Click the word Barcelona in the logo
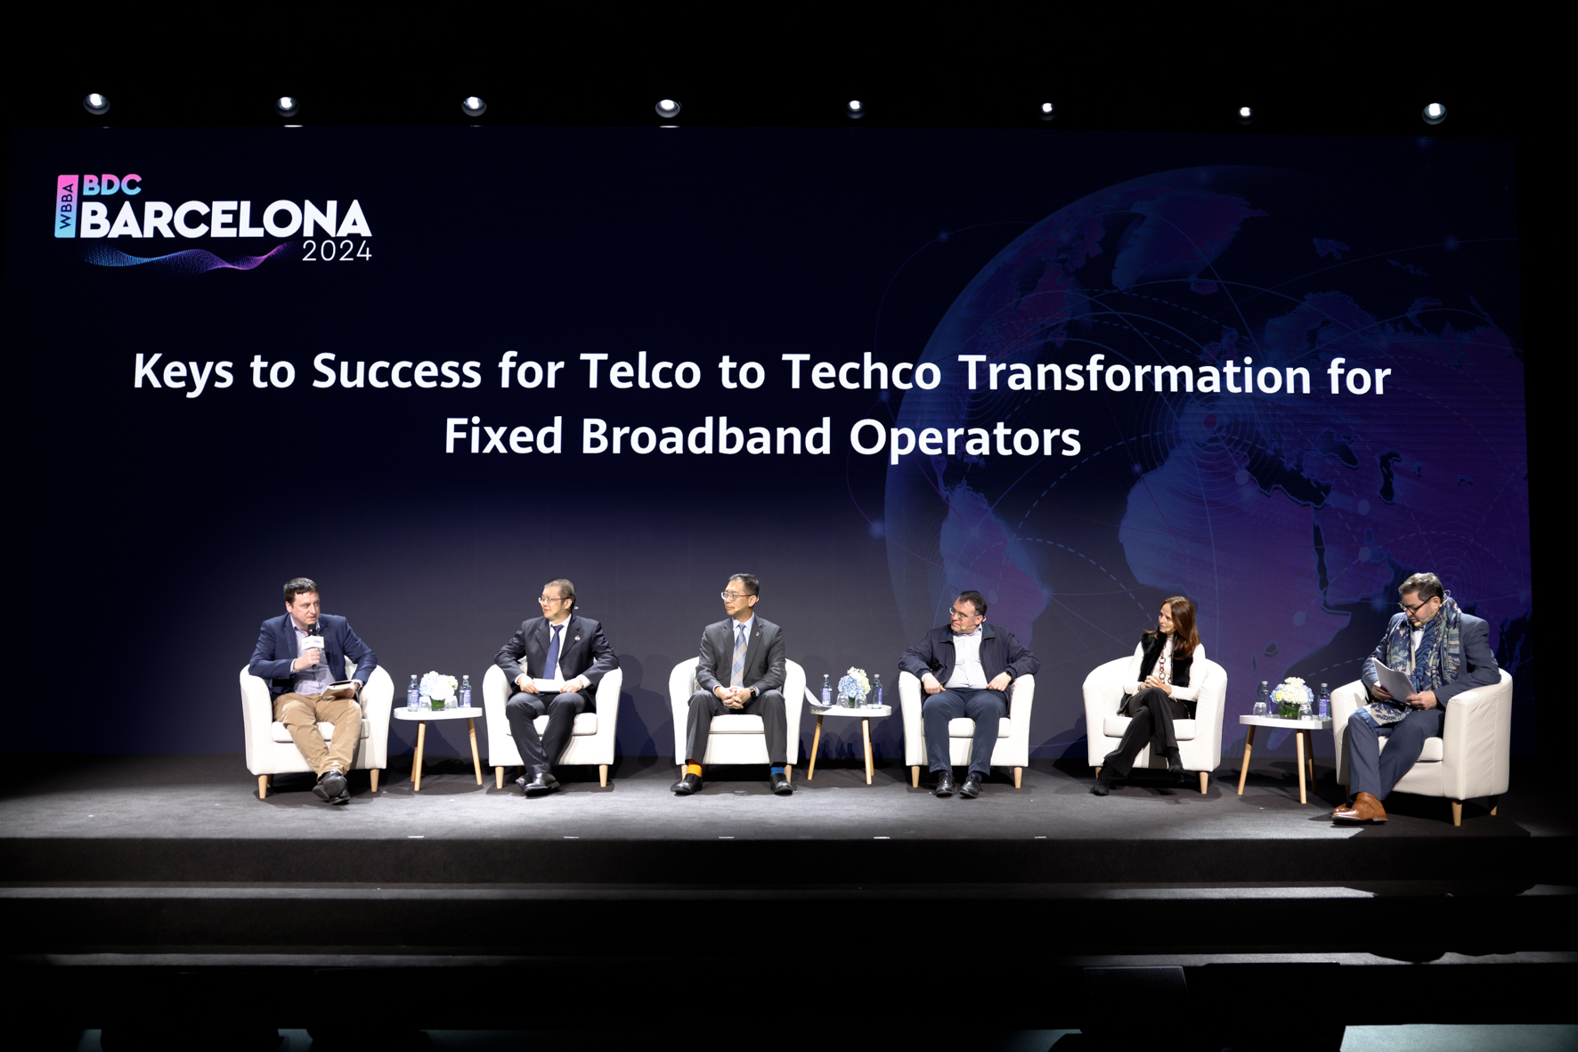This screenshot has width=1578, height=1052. click(x=225, y=219)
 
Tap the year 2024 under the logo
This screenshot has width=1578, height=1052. click(x=337, y=252)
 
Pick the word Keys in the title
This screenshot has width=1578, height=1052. click(x=183, y=371)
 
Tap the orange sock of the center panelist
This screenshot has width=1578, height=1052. click(x=695, y=770)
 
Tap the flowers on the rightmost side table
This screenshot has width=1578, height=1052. click(x=1291, y=695)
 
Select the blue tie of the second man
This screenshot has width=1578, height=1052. click(x=552, y=652)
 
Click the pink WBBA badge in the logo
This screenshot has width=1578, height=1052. click(x=66, y=207)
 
